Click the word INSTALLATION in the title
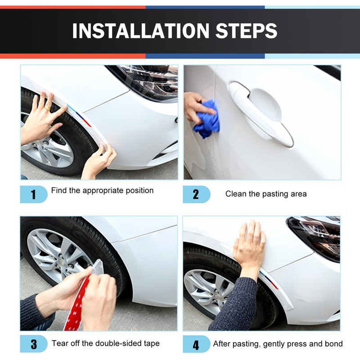click(141, 31)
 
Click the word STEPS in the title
click(246, 31)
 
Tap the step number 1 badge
click(34, 194)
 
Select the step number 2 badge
click(197, 194)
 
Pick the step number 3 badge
click(34, 344)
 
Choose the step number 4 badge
click(197, 344)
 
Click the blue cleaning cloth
click(207, 119)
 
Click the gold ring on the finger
click(48, 108)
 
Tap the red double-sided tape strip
click(76, 306)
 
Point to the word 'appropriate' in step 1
click(103, 191)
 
